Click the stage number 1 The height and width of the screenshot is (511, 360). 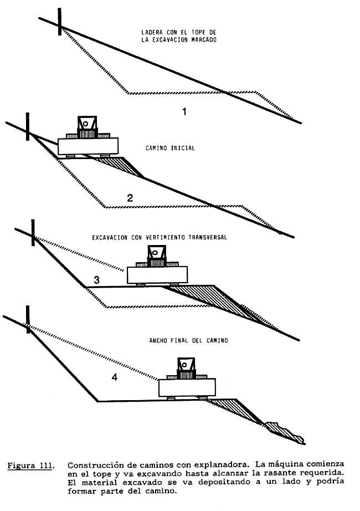(x=184, y=111)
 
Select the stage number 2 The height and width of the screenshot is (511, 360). (x=130, y=197)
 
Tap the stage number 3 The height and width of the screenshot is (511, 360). (x=96, y=280)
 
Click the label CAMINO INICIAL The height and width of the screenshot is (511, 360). (x=170, y=149)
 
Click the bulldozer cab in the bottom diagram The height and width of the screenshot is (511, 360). (x=187, y=365)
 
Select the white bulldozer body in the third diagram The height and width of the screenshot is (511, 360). (x=157, y=274)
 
